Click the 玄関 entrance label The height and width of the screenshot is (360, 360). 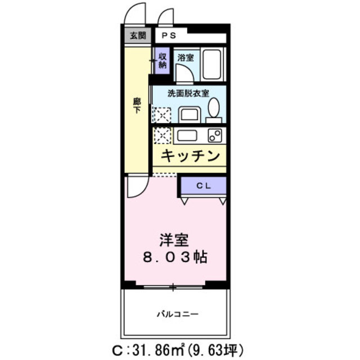click(x=137, y=35)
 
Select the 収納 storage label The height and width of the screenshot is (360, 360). click(x=162, y=60)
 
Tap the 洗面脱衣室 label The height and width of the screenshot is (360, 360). click(x=188, y=94)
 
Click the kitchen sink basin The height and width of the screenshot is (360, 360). click(x=186, y=135)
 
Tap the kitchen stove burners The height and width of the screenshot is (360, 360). click(x=214, y=135)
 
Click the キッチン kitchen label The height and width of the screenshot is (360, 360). click(x=190, y=156)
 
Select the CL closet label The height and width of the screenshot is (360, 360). click(x=203, y=185)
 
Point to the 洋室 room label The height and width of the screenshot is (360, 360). click(x=174, y=239)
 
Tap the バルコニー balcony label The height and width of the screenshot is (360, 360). click(x=176, y=313)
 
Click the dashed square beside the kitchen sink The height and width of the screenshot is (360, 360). click(x=162, y=136)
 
